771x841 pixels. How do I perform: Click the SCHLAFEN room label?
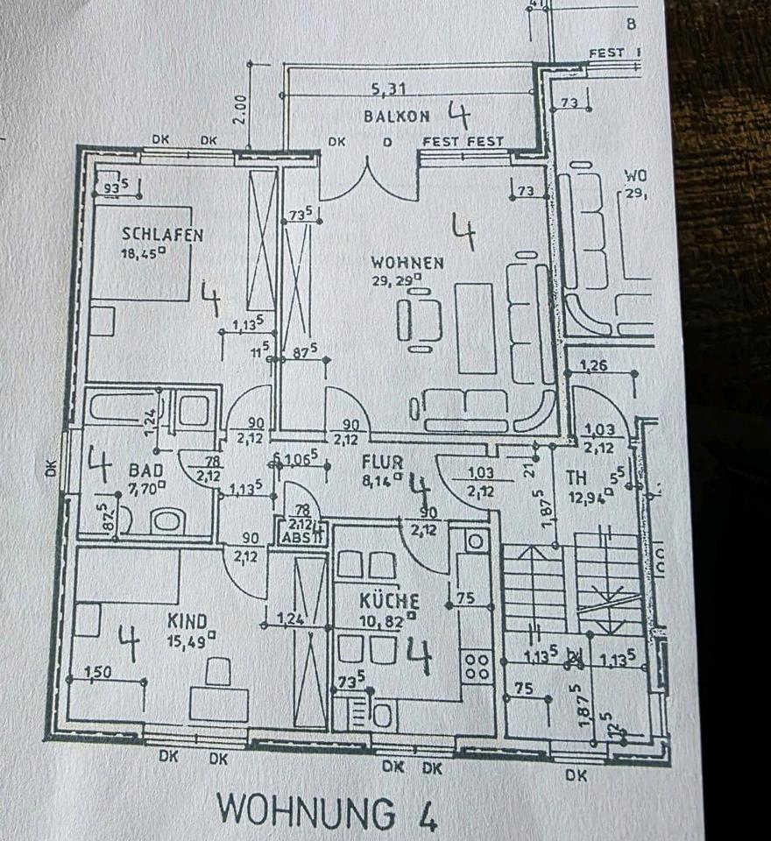(163, 235)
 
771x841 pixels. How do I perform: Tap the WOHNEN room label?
(407, 262)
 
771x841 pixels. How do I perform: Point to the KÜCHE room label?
(390, 602)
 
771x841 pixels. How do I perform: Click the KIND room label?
(187, 621)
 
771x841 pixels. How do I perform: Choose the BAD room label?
(145, 470)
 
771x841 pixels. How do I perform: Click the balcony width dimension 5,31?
(390, 88)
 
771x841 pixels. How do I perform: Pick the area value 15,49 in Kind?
(187, 639)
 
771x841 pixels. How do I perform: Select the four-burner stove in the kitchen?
(477, 665)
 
